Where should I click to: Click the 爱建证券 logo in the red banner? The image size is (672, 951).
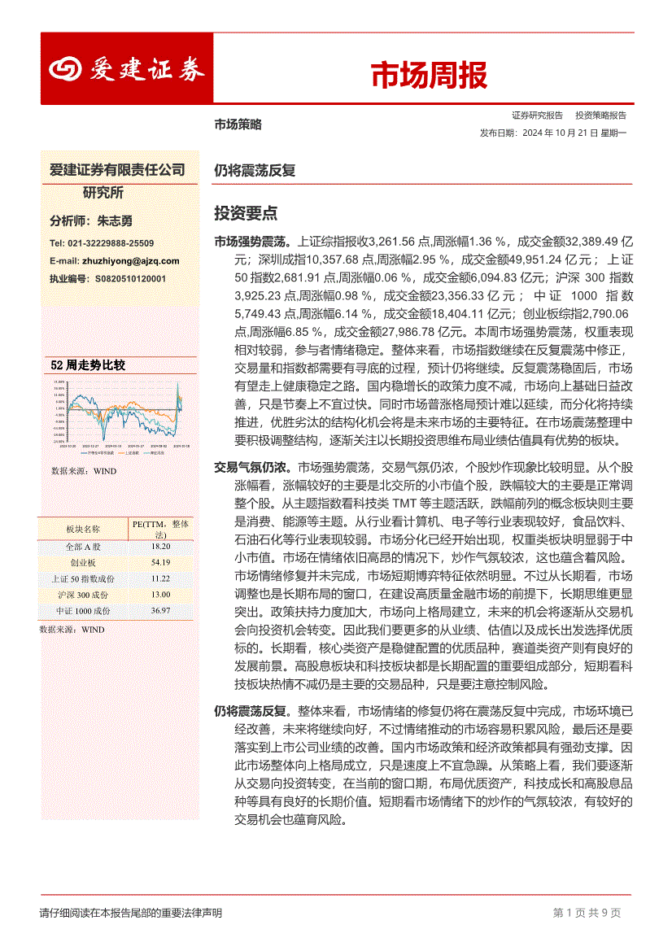click(126, 70)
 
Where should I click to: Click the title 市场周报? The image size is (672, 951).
click(429, 76)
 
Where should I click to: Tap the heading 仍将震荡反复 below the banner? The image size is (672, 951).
click(255, 171)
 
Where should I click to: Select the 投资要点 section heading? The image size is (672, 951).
click(246, 213)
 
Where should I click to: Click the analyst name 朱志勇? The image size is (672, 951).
click(115, 220)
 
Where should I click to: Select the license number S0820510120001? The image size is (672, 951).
click(130, 278)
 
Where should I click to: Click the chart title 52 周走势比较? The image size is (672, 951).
click(88, 365)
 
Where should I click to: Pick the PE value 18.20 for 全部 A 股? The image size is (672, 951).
click(160, 546)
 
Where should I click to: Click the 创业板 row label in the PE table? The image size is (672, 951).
click(83, 562)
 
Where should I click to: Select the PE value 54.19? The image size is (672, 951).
click(160, 562)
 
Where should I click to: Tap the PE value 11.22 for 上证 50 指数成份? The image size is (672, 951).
click(160, 578)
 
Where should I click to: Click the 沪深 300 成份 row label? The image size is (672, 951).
click(83, 595)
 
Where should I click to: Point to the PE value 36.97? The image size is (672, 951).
click(160, 610)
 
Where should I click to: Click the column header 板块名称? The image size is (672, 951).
click(83, 530)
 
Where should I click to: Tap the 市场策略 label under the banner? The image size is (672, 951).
click(238, 124)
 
